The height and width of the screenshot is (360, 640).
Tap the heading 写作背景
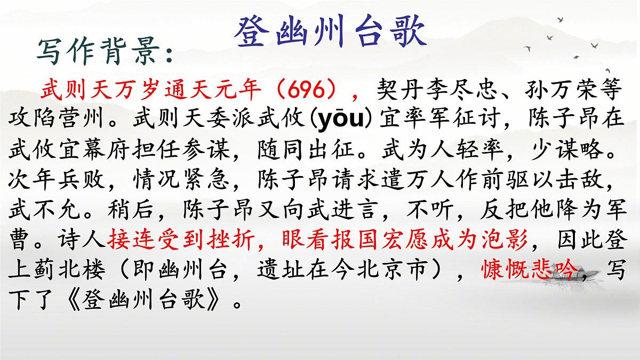[104, 51]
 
